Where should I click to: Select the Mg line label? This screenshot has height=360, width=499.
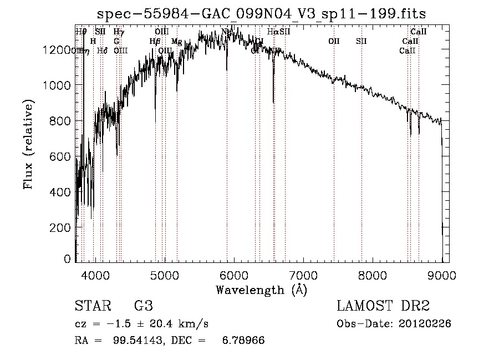point(177,42)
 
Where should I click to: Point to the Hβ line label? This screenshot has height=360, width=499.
point(155,41)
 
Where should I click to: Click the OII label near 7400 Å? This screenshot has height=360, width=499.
point(334,41)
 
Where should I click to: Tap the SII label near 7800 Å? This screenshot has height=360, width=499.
point(361,41)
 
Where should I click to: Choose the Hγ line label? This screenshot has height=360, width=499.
point(119,32)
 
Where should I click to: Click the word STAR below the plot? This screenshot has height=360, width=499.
point(92,306)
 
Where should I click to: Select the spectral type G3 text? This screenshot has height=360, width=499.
point(143,306)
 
